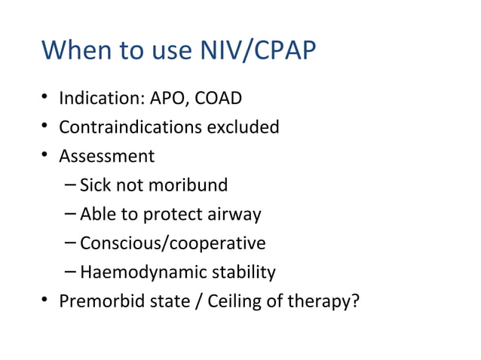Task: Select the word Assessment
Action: [x=106, y=156]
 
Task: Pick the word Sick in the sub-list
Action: [x=96, y=185]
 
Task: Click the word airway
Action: [x=235, y=215]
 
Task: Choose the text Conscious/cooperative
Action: [x=173, y=243]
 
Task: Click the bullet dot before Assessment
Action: [x=46, y=157]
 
